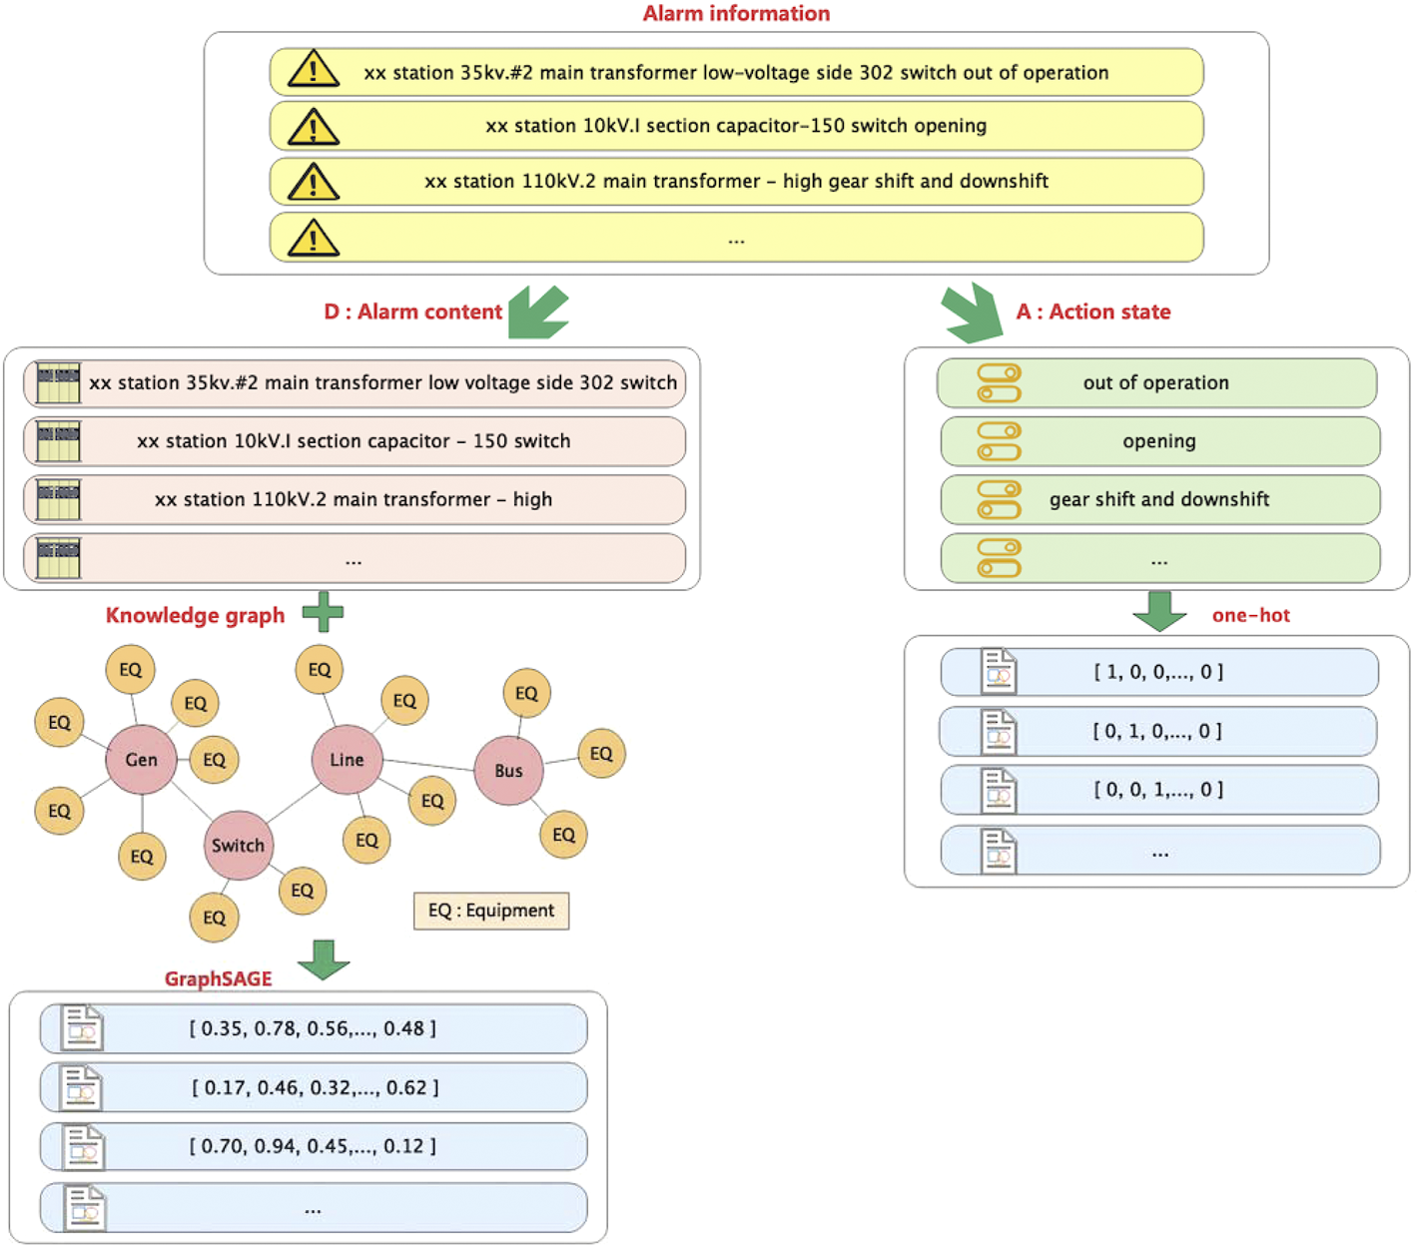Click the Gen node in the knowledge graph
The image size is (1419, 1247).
141,760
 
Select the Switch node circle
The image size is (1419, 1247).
238,846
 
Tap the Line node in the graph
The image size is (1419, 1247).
347,760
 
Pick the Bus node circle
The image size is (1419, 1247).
508,771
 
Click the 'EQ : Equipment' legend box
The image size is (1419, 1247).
491,911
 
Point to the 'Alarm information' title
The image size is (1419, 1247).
736,14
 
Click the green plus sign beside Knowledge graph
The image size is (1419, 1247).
323,612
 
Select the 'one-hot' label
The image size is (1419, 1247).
1250,616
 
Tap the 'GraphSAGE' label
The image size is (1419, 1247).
218,978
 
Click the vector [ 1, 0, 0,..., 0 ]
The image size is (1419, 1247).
1158,672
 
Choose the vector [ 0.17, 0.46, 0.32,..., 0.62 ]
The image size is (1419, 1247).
315,1087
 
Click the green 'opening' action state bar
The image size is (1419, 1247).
1159,441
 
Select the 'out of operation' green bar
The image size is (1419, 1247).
1156,383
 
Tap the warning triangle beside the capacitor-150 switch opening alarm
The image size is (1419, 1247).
313,128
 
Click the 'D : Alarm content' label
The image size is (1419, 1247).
412,312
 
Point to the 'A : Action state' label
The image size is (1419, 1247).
1093,312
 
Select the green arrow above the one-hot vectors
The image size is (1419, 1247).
1159,611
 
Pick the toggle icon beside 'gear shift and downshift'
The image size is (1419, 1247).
999,500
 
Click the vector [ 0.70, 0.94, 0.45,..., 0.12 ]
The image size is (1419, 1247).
313,1146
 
